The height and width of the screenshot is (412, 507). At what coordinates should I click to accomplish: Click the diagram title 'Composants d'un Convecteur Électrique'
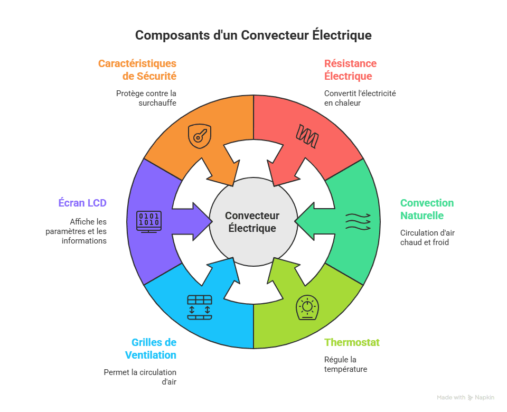pos(253,35)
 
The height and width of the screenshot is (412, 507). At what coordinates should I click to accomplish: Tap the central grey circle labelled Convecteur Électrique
pos(253,222)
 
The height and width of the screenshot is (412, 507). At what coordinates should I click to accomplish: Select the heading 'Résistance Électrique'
pos(350,70)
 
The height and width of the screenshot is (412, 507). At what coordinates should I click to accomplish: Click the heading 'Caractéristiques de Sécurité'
pos(137,70)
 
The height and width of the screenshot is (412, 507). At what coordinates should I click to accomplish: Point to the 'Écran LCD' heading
pos(82,203)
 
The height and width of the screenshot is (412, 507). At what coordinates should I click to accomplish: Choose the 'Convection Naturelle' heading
pos(427,209)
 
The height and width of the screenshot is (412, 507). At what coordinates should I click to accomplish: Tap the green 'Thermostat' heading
pos(352,342)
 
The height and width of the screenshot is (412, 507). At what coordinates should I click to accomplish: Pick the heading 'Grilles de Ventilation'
pos(151,349)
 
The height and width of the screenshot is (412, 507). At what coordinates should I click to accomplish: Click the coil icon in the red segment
pos(307,136)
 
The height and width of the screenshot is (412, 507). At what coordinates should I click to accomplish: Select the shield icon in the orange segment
pos(200,136)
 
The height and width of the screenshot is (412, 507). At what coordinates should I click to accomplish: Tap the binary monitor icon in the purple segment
pos(149,222)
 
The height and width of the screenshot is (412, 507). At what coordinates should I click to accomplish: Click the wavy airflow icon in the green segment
pos(358,221)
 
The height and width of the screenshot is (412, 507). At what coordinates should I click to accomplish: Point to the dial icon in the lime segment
pos(307,307)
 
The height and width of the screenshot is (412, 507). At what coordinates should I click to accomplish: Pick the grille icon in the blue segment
pos(200,307)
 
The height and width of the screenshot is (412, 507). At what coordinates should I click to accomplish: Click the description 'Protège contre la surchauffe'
pos(146,98)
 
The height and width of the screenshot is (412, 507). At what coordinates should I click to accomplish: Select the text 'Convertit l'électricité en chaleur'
pos(360,98)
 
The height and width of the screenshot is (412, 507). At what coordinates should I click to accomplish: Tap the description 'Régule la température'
pos(345,364)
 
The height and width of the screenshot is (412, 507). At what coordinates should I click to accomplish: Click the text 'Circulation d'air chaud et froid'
pos(427,237)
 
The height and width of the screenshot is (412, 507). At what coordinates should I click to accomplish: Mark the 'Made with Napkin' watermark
pos(465,397)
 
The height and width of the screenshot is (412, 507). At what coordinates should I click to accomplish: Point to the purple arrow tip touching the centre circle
pos(212,222)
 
